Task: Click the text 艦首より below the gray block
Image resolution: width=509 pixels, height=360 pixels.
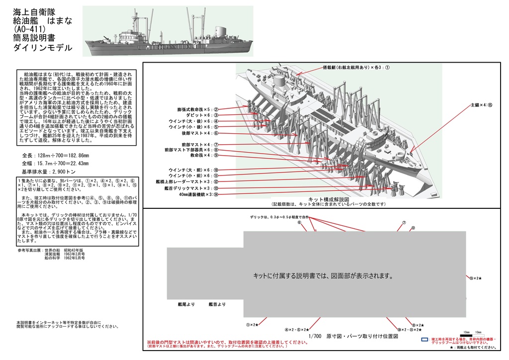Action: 217,304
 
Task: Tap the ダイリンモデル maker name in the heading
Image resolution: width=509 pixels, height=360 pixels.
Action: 43,48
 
